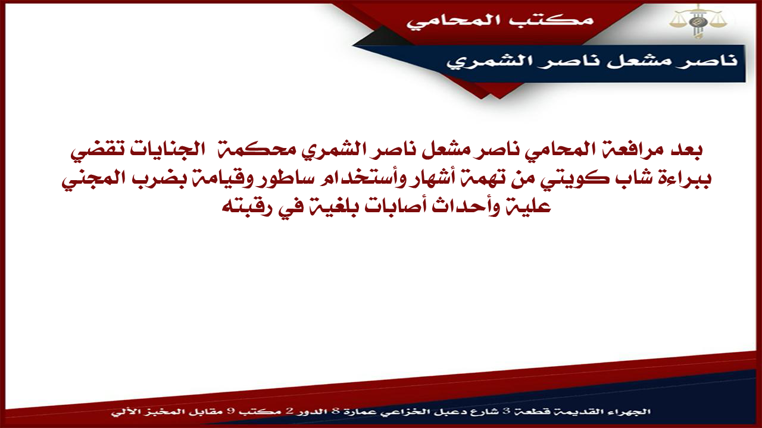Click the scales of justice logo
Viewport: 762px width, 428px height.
(698, 21)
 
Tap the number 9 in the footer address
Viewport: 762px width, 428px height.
(229, 412)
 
